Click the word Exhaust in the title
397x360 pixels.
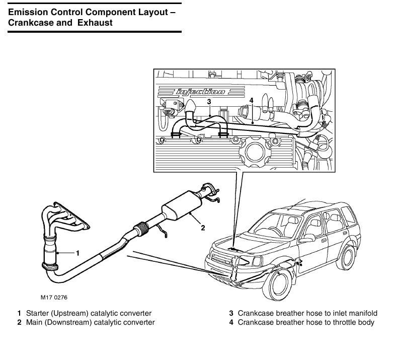pyautogui.click(x=95, y=23)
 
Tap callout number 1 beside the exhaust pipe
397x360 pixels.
pyautogui.click(x=77, y=253)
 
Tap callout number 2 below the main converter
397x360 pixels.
pyautogui.click(x=203, y=228)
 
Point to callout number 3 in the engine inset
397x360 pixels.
pyautogui.click(x=209, y=102)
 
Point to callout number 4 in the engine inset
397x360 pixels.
pyautogui.click(x=251, y=100)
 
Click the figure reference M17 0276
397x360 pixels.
pyautogui.click(x=54, y=297)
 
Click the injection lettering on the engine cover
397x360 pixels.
pyautogui.click(x=201, y=92)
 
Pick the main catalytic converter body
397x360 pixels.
pyautogui.click(x=182, y=206)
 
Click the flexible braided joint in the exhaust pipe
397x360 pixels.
pyautogui.click(x=141, y=229)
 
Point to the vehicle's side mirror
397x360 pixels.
pyautogui.click(x=309, y=238)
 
